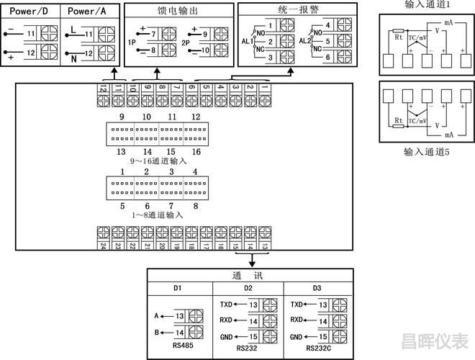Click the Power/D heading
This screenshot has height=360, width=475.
coord(30,12)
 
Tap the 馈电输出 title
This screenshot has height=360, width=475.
coord(178,12)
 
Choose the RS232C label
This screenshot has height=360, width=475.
coord(319,348)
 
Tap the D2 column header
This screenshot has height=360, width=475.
coord(248,289)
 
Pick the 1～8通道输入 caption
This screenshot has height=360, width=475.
coord(158,215)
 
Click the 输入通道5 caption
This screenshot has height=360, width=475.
coord(427,153)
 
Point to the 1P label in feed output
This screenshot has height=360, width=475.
coord(132,42)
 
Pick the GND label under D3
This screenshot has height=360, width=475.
coord(297,337)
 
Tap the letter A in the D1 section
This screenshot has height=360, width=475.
coord(156,315)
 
